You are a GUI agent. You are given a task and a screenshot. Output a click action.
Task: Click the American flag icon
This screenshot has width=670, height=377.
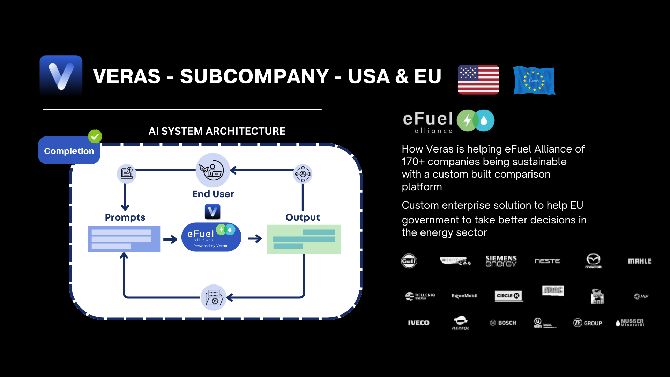(478, 79)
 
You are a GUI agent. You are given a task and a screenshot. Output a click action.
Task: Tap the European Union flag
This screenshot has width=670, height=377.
(534, 80)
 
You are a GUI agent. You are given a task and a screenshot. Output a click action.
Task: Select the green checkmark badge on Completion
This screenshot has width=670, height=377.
(95, 136)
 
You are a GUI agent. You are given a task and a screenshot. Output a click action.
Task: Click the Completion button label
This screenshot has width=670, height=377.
(69, 151)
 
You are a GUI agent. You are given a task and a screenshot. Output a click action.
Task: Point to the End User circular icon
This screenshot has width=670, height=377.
(213, 170)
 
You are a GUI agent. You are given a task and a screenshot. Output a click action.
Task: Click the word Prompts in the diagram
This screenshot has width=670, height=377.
(125, 217)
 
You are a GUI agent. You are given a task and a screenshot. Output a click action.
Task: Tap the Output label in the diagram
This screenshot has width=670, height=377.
(303, 217)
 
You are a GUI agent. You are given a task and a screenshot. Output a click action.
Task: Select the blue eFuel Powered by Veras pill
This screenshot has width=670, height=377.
(211, 237)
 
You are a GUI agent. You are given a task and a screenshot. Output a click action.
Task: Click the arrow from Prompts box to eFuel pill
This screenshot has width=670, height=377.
(170, 239)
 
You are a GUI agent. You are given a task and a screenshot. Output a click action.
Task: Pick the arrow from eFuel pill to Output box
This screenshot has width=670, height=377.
(255, 239)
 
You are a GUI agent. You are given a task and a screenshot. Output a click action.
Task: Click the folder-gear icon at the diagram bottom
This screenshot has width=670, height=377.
(214, 297)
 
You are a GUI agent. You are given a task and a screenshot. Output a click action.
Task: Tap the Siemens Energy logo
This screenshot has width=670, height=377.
(501, 261)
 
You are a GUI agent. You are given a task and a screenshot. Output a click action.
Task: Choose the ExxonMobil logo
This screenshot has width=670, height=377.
(464, 296)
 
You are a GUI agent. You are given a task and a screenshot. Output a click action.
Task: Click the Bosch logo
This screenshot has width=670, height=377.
(503, 323)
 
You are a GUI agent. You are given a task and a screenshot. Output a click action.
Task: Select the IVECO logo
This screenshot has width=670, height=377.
(418, 323)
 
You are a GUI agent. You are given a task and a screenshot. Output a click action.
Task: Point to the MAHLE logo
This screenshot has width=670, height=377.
(639, 261)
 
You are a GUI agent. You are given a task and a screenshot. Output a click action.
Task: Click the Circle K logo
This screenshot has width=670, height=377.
(508, 296)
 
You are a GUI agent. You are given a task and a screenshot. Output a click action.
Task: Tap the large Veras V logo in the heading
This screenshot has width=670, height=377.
(61, 76)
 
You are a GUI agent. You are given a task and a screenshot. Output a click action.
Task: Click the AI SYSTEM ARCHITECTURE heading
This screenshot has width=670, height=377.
(217, 131)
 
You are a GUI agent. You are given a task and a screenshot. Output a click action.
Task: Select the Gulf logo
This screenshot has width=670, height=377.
(409, 261)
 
